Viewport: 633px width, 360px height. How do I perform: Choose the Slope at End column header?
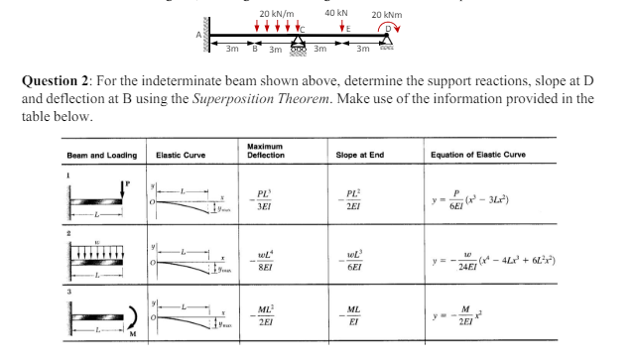click(x=360, y=155)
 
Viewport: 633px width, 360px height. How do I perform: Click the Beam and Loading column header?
click(x=87, y=156)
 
